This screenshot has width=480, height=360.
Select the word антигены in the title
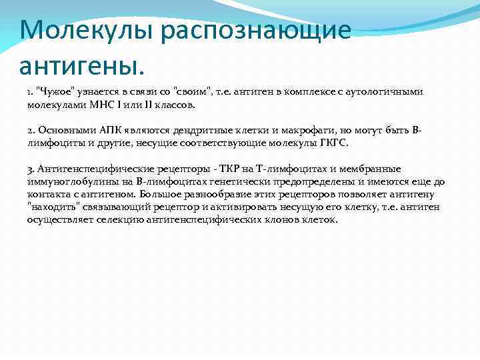click(81, 65)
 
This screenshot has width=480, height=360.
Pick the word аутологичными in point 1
click(386, 91)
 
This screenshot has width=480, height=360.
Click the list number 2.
click(31, 130)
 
